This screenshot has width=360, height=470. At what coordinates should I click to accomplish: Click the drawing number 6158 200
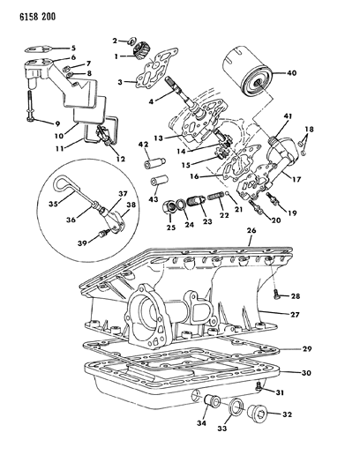[x=37, y=17]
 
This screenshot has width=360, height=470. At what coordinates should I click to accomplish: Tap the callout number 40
[x=290, y=73]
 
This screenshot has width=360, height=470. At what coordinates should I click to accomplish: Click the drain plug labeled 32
[x=257, y=414]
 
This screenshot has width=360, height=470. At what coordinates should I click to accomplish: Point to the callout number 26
[x=251, y=230]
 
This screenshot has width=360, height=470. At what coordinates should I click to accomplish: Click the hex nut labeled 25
[x=169, y=206]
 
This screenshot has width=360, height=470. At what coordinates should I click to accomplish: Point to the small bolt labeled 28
[x=276, y=295]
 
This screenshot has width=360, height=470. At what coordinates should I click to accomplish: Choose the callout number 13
[x=158, y=138]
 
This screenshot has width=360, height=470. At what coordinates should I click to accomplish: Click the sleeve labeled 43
[x=160, y=183]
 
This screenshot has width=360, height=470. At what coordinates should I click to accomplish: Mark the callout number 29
[x=306, y=349]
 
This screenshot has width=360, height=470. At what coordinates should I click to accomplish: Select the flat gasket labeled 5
[x=39, y=48]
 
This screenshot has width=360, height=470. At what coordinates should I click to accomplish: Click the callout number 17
[x=297, y=180]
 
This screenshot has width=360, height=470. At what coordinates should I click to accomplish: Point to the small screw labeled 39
[x=103, y=233]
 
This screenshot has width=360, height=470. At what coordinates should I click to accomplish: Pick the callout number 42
[x=144, y=145]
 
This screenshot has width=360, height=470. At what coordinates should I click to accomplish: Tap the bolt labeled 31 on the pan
[x=259, y=387]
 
